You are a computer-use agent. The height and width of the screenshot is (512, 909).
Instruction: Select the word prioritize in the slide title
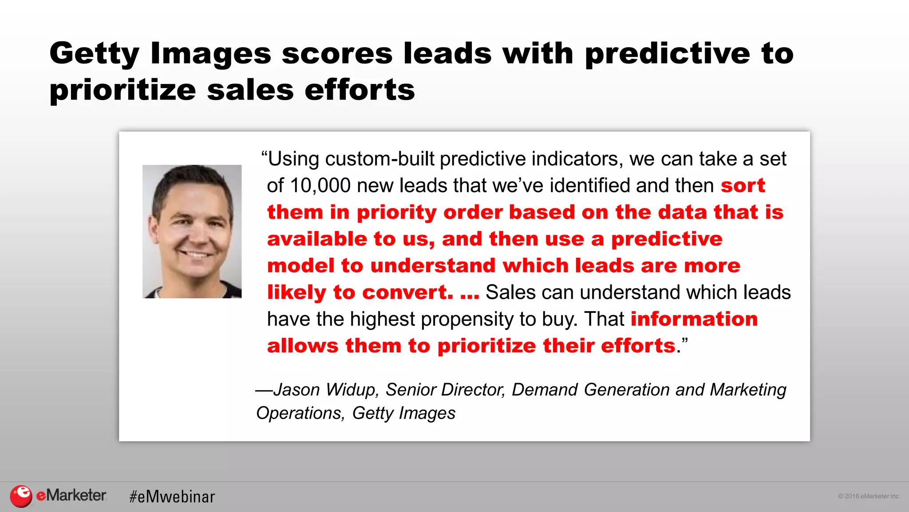pyautogui.click(x=123, y=91)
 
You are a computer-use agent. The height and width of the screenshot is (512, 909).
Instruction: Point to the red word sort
pyautogui.click(x=743, y=185)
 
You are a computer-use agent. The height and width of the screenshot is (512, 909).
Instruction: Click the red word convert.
pyautogui.click(x=407, y=292)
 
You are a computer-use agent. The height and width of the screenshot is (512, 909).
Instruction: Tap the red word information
pyautogui.click(x=694, y=319)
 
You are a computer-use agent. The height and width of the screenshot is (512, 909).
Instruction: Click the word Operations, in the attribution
pyautogui.click(x=300, y=413)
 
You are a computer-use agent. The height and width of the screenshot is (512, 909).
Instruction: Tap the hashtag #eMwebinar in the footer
pyautogui.click(x=172, y=496)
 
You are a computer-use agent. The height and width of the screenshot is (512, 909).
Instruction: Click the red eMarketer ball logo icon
pyautogui.click(x=21, y=496)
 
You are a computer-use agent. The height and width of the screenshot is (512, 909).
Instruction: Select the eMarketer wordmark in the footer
pyautogui.click(x=71, y=495)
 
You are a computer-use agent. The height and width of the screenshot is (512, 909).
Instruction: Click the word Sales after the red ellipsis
pyautogui.click(x=510, y=292)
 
